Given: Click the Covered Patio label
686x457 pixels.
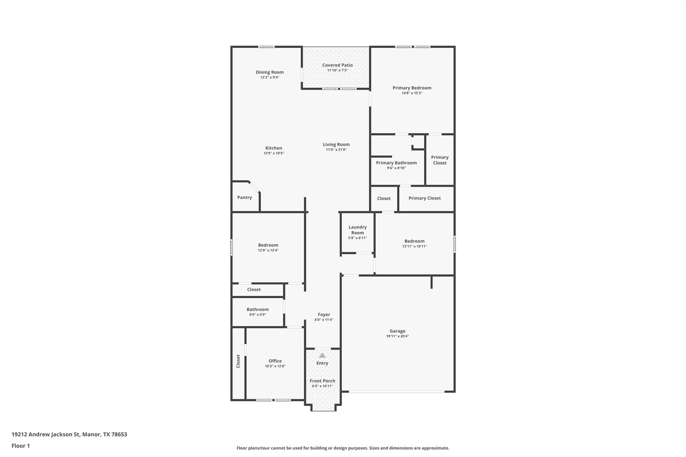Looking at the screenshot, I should click(x=337, y=65).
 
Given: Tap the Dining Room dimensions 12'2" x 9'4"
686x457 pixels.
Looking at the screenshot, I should click(x=270, y=77).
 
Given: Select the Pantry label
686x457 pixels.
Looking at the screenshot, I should click(x=245, y=198).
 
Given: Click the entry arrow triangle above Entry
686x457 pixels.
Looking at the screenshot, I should click(x=322, y=355).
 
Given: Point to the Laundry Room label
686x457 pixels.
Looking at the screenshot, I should click(x=357, y=230).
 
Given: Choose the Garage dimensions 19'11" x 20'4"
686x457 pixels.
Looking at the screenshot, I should click(x=397, y=336).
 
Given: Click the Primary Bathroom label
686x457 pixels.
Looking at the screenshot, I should click(x=396, y=163).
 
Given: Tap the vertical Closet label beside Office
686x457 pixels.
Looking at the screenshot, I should click(x=238, y=361).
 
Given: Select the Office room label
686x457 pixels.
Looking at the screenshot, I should click(x=275, y=361).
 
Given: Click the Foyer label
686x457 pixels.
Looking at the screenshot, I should click(x=324, y=314).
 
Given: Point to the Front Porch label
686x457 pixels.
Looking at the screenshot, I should click(x=322, y=381).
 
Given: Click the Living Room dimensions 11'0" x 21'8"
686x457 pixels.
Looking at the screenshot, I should click(x=336, y=150).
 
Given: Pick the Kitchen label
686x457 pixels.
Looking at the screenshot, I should click(x=274, y=148).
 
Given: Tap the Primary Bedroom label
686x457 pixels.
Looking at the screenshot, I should click(x=412, y=88).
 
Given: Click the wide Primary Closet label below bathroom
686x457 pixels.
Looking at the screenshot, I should click(x=424, y=198).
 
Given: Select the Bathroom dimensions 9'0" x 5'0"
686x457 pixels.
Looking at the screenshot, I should click(x=258, y=315).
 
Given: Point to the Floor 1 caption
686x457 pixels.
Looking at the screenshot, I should click(x=21, y=446).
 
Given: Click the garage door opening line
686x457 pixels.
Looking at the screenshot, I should click(x=397, y=391).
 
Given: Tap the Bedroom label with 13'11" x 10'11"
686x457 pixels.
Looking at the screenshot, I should click(x=414, y=241).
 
